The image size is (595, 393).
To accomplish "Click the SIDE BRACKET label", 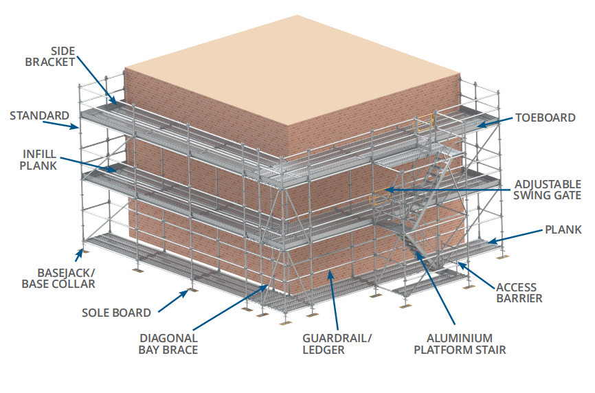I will tap(50, 56).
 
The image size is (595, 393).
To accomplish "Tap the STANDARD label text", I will tap(39, 115).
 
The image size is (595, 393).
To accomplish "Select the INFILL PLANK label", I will tap(38, 159).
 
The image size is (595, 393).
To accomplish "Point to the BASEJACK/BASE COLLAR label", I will tap(58, 278).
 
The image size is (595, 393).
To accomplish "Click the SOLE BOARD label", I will tap(116, 313).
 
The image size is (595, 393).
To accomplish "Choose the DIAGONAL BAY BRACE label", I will tap(168, 344).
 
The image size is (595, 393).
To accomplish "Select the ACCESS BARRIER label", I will tap(516, 293).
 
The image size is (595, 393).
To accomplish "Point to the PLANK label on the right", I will tap(563, 229).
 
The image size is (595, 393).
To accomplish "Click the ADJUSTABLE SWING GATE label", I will tap(548, 190).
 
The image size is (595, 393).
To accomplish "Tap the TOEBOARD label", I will tap(546, 117).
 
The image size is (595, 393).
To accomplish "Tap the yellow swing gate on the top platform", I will tap(423, 124).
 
